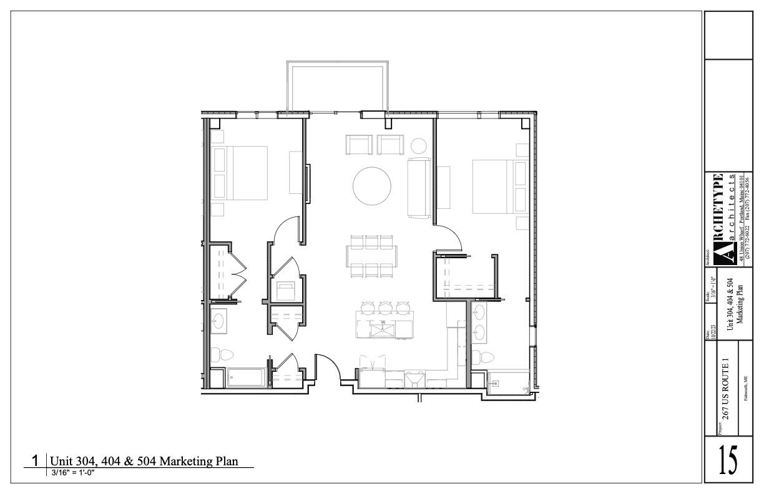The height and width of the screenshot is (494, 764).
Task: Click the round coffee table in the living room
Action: point(372,186)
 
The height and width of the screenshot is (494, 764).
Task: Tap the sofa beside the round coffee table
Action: point(419,188)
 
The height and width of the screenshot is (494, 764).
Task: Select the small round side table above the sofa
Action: point(418,146)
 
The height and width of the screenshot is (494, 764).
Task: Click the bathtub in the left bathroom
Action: point(247,378)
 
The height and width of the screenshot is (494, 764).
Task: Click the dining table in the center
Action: point(372,255)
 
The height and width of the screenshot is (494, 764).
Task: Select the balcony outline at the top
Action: point(337,85)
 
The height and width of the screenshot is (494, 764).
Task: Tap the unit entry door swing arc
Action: point(329,368)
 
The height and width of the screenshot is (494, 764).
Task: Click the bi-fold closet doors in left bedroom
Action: point(238,274)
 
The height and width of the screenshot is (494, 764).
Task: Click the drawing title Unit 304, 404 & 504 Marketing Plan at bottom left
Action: point(153,462)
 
